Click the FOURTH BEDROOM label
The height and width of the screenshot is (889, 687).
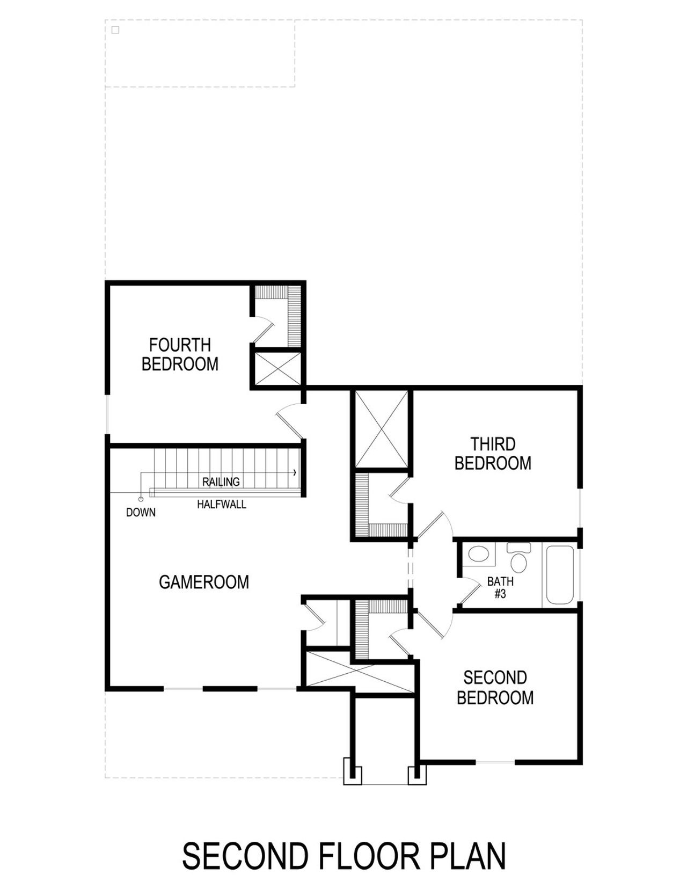click(x=180, y=354)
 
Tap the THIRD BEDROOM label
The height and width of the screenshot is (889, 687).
click(x=493, y=454)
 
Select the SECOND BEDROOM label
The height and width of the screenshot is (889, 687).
click(x=495, y=688)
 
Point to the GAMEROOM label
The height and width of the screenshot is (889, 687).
click(x=204, y=582)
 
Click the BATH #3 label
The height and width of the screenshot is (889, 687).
click(x=500, y=587)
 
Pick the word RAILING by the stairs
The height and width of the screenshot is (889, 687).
click(x=221, y=482)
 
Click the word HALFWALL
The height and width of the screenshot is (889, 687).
click(x=222, y=505)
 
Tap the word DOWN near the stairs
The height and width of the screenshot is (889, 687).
click(x=141, y=513)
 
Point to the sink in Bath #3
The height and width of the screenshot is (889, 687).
click(x=478, y=555)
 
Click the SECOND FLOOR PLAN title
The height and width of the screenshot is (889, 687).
click(x=343, y=856)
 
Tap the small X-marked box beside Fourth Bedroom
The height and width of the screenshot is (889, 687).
click(x=277, y=369)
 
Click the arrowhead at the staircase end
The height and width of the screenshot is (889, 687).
click(x=294, y=472)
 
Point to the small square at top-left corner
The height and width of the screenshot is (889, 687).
click(x=115, y=30)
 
